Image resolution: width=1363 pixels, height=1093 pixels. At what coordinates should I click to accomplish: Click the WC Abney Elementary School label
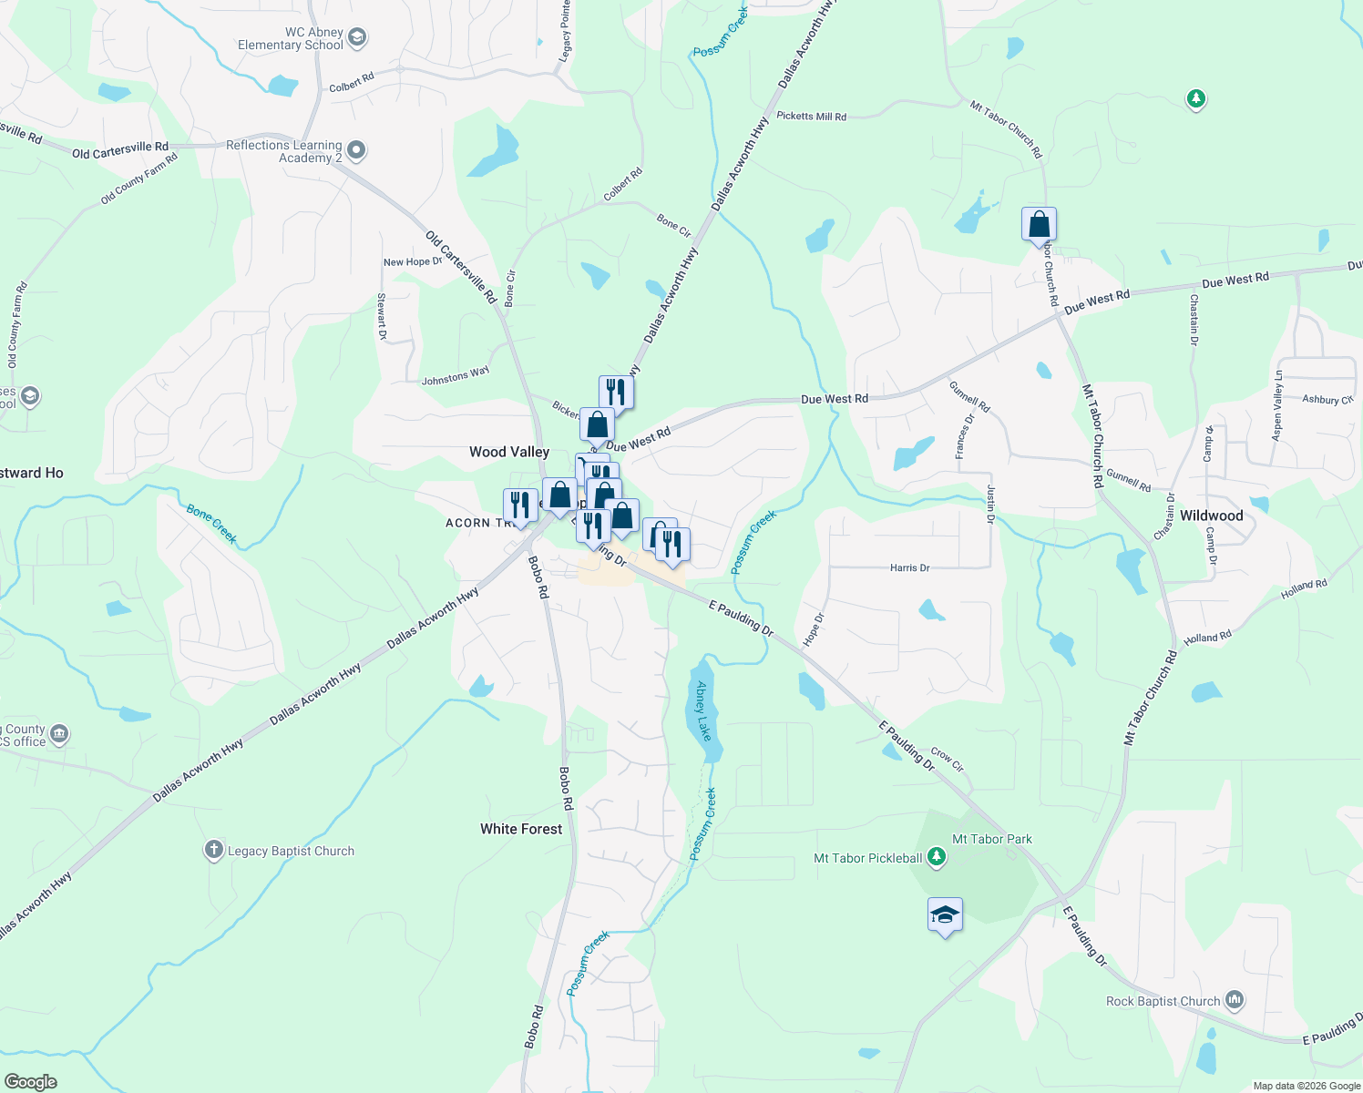pos(290,38)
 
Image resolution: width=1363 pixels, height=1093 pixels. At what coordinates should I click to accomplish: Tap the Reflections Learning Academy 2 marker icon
pos(356,151)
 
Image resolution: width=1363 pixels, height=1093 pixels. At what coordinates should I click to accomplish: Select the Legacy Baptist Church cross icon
pos(213,851)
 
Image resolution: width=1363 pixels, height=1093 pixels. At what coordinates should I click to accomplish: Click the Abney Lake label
pos(702,710)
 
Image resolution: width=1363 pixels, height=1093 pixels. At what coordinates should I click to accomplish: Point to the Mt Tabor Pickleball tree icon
pos(936,857)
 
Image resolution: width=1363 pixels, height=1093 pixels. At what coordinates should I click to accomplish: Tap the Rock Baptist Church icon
pos(1235,1000)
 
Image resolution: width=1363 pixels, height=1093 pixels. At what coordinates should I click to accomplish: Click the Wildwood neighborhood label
pos(1211,516)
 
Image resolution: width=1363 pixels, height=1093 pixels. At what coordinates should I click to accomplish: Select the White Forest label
pos(521,829)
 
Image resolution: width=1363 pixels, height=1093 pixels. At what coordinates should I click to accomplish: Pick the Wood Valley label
pos(509,452)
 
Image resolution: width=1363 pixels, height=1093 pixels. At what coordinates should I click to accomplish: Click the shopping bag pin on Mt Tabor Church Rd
pos(1039,224)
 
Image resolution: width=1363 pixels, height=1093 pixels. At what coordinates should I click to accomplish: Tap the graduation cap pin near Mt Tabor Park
pos(945,914)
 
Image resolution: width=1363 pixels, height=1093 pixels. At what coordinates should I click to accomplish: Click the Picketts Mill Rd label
pos(811,117)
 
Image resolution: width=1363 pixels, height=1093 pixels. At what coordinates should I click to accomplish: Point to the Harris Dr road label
pos(909,567)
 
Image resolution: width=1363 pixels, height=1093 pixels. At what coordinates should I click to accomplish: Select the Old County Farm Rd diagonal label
pos(138,179)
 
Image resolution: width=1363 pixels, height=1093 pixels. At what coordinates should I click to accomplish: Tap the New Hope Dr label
pos(413,262)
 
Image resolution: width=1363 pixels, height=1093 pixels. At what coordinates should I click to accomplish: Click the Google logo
pos(30,1081)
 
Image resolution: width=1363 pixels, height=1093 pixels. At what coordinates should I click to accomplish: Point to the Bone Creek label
pos(211,524)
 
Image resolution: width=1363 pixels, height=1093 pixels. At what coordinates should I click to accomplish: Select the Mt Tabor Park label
pos(991,839)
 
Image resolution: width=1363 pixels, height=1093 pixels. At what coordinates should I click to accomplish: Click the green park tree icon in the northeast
pos(1195,98)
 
